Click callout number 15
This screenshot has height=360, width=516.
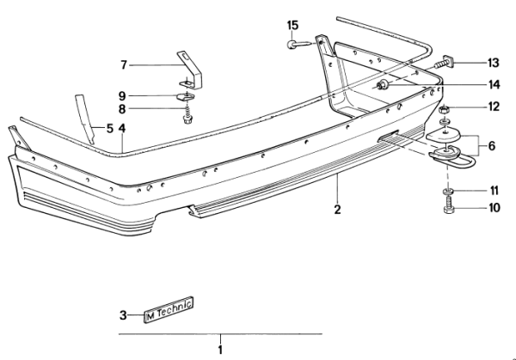pos(293,24)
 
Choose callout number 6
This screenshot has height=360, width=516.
pos(492,147)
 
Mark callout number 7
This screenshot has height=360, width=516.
pos(124,64)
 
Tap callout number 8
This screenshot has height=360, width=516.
pos(123,109)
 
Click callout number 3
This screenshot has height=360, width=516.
pos(123,314)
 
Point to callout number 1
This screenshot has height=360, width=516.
pos(220,349)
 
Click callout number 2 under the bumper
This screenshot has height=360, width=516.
pos(338,208)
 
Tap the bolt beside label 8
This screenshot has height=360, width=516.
pos(187,112)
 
